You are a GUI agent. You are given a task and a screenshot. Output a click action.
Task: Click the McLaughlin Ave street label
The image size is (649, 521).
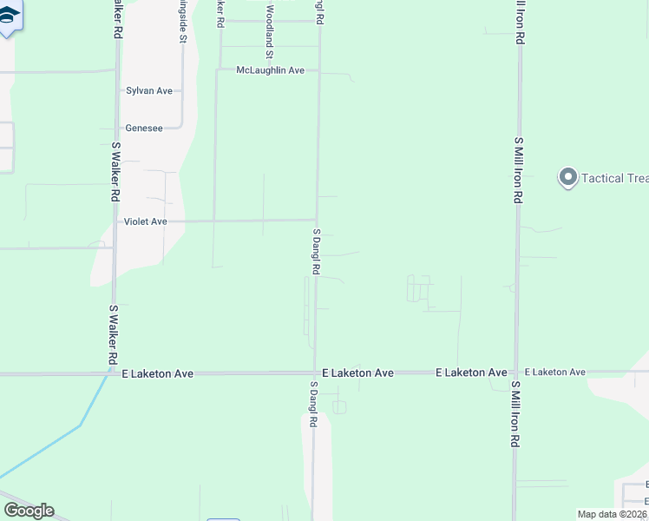[270, 69]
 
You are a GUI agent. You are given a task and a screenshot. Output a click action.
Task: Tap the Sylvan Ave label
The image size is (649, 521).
[149, 90]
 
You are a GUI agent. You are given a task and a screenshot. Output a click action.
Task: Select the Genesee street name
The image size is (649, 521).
[144, 128]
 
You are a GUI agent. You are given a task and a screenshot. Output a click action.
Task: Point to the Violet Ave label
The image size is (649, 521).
[145, 221]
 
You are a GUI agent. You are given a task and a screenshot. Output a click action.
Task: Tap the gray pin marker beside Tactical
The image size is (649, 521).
[567, 178]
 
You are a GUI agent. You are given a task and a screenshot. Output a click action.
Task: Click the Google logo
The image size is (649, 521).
[29, 511]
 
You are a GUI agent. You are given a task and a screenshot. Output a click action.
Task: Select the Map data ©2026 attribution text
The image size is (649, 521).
[612, 514]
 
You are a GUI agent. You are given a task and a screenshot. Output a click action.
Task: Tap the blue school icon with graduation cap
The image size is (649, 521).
[9, 17]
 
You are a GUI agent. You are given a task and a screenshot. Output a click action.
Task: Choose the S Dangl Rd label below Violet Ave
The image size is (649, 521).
[317, 252]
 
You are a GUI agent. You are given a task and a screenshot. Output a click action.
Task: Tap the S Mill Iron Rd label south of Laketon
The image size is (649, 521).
[515, 414]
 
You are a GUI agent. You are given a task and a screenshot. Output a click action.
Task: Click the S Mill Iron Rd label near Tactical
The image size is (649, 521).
[518, 169]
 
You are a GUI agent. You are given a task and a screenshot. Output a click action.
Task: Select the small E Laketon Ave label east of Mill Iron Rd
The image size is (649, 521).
[554, 372]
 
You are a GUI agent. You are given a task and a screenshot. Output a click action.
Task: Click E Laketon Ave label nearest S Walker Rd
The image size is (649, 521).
[157, 373]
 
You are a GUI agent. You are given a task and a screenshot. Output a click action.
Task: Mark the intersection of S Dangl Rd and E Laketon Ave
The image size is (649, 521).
[314, 373]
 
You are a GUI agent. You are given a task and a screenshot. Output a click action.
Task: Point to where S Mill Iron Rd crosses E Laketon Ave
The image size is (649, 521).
[516, 373]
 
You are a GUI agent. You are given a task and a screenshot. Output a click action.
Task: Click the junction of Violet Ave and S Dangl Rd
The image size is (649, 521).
[317, 221]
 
